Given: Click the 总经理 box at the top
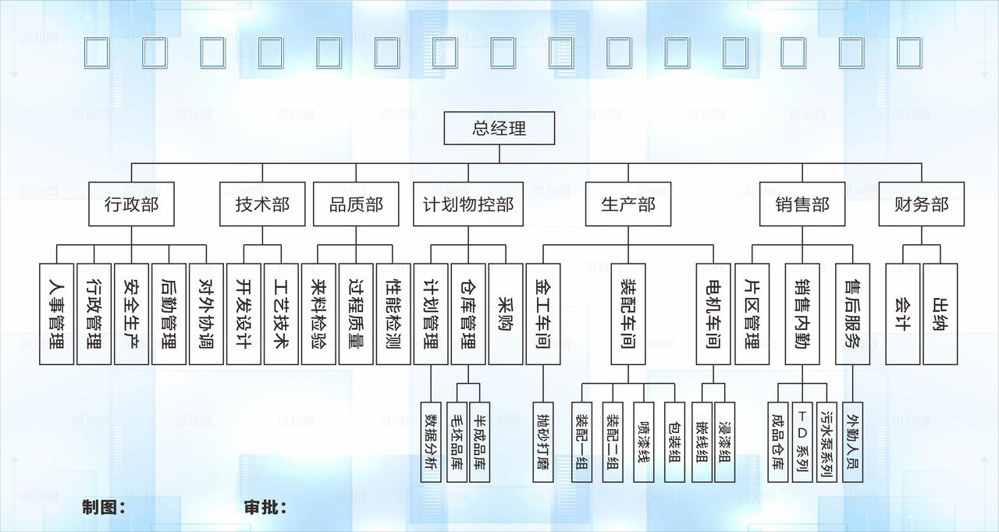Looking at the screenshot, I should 499,129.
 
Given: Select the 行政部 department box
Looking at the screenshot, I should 131,204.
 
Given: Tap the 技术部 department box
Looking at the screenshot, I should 262,204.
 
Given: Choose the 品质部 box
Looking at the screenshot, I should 356,204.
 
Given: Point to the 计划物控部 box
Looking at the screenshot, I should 468,204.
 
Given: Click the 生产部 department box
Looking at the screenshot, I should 628,204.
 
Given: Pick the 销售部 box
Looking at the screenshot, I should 802,204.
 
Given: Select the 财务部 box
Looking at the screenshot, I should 922,204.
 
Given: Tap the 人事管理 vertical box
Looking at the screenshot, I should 57,314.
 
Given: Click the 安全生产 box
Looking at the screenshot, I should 131,314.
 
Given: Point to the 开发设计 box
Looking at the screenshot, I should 244,314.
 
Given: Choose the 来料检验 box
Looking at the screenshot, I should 318,314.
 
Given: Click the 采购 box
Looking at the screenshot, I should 506,314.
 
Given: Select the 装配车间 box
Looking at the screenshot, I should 628,314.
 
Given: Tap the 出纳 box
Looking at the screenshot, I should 940,314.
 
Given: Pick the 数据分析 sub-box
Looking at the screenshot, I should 431,442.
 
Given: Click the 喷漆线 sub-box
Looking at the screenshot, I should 644,442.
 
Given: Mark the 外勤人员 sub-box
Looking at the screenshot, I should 851,442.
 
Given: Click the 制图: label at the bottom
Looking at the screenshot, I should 105,508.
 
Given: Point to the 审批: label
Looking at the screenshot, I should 265,508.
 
